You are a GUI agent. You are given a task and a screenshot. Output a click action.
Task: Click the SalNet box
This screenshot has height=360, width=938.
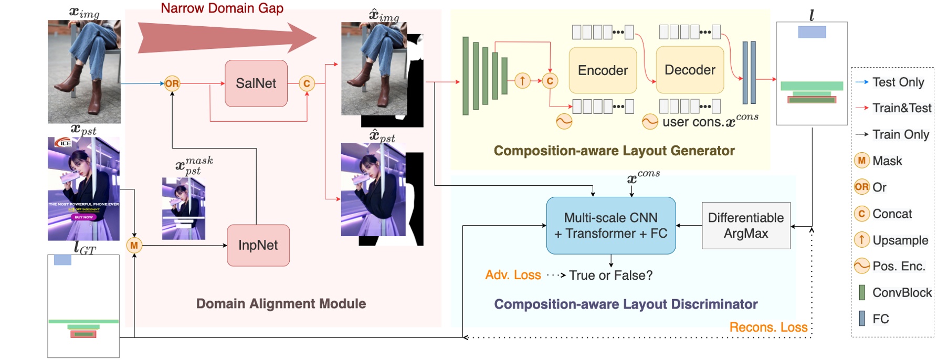pyautogui.click(x=256, y=83)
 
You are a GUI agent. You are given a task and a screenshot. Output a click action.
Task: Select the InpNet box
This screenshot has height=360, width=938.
pyautogui.click(x=258, y=245)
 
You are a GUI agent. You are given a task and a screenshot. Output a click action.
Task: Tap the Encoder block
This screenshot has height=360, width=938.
pyautogui.click(x=603, y=70)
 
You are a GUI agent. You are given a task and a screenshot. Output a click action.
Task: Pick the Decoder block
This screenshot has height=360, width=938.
pyautogui.click(x=690, y=70)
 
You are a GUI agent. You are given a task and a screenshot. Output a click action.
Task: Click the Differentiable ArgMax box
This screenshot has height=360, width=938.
pyautogui.click(x=745, y=226)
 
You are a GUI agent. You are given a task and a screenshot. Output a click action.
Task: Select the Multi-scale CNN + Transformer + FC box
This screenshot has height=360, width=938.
pyautogui.click(x=610, y=226)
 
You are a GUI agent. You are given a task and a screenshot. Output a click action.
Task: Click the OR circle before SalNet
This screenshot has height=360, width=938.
pyautogui.click(x=172, y=83)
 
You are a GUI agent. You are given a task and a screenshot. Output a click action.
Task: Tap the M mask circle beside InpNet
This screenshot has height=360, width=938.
pyautogui.click(x=134, y=245)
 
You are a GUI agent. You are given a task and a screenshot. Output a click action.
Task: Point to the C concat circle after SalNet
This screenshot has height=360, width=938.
pyautogui.click(x=307, y=83)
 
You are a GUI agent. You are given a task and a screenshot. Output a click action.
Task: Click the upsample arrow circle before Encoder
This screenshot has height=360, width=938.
pyautogui.click(x=522, y=81)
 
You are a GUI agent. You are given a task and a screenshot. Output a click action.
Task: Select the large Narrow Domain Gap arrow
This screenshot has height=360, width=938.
pyautogui.click(x=226, y=37)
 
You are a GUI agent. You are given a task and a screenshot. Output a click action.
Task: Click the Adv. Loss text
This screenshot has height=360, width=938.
pyautogui.click(x=513, y=275)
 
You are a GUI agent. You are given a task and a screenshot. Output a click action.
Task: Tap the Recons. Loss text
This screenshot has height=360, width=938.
pyautogui.click(x=768, y=327)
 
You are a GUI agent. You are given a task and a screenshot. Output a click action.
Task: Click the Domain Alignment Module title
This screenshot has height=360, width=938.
pyautogui.click(x=281, y=304)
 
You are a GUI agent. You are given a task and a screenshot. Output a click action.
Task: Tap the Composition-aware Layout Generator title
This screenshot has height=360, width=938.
pyautogui.click(x=614, y=151)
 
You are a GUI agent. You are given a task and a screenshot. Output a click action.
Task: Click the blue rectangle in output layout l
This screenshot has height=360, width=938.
pyautogui.click(x=811, y=32)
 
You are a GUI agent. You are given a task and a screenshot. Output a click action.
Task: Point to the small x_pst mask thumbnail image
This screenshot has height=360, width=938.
pyautogui.click(x=183, y=208)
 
